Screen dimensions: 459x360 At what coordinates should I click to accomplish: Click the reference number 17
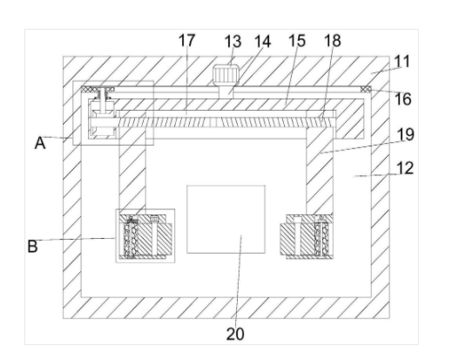tap(186, 40)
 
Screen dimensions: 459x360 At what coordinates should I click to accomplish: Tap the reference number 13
tap(233, 41)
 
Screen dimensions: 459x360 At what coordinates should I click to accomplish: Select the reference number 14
tap(262, 41)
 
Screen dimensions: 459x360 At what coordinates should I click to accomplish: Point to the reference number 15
tap(297, 40)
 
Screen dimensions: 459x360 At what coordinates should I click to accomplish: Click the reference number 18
tap(333, 40)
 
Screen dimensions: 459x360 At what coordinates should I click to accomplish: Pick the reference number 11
tap(402, 62)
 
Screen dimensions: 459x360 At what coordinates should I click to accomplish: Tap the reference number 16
tap(403, 99)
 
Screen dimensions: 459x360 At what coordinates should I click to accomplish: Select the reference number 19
tap(406, 135)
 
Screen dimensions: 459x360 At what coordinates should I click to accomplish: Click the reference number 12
tap(405, 168)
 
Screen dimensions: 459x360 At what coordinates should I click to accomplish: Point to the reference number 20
tap(235, 334)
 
